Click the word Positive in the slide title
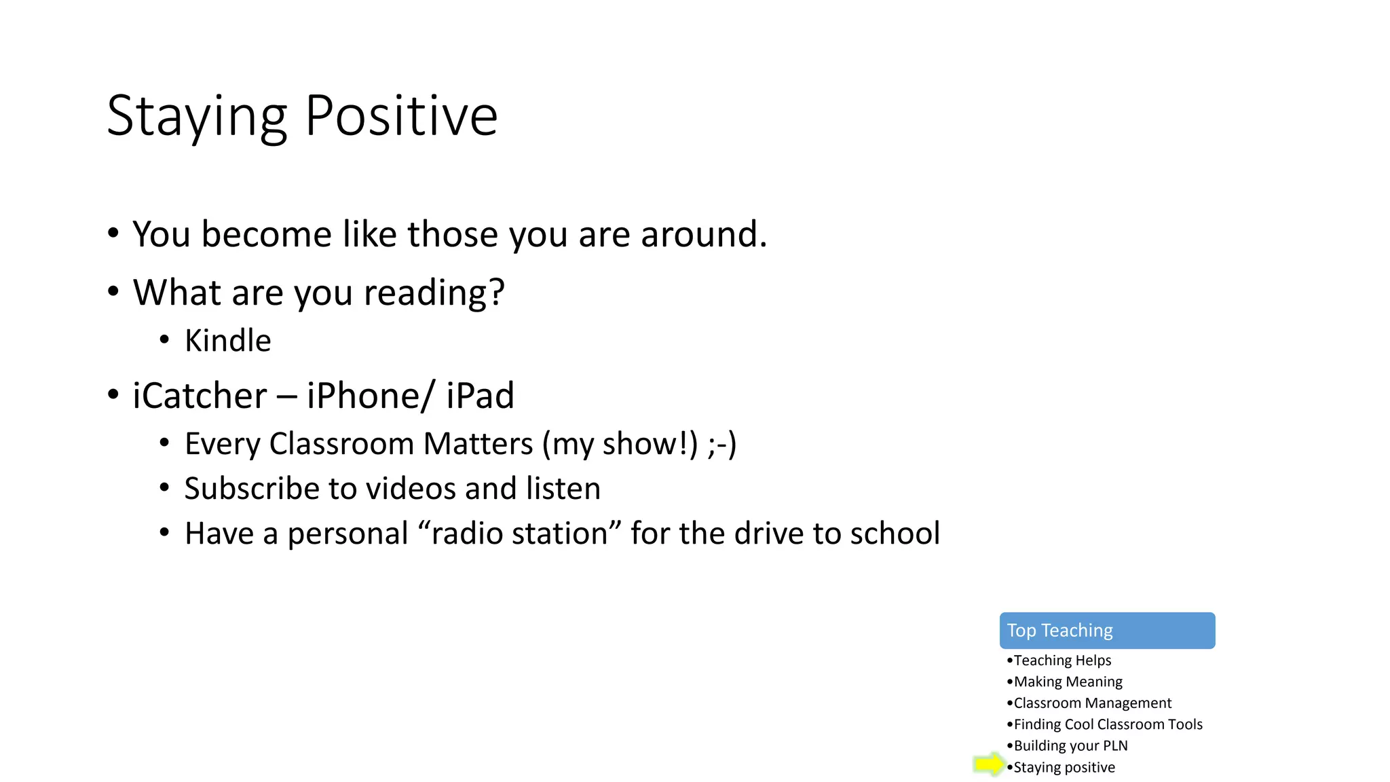tap(401, 116)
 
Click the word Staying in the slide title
tap(197, 116)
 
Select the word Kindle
tap(227, 341)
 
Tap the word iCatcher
tap(200, 396)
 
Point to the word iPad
tap(480, 396)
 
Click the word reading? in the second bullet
tap(434, 293)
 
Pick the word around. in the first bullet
tap(704, 235)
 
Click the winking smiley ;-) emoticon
tap(721, 444)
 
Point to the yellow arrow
tap(988, 764)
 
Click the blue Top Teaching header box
tap(1107, 631)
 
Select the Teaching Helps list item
tap(1062, 660)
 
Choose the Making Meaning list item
tap(1068, 682)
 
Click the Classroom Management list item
tap(1092, 703)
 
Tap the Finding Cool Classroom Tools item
tap(1108, 724)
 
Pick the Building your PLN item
tap(1070, 746)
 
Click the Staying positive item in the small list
tap(1064, 768)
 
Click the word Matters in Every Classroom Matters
tap(478, 444)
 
